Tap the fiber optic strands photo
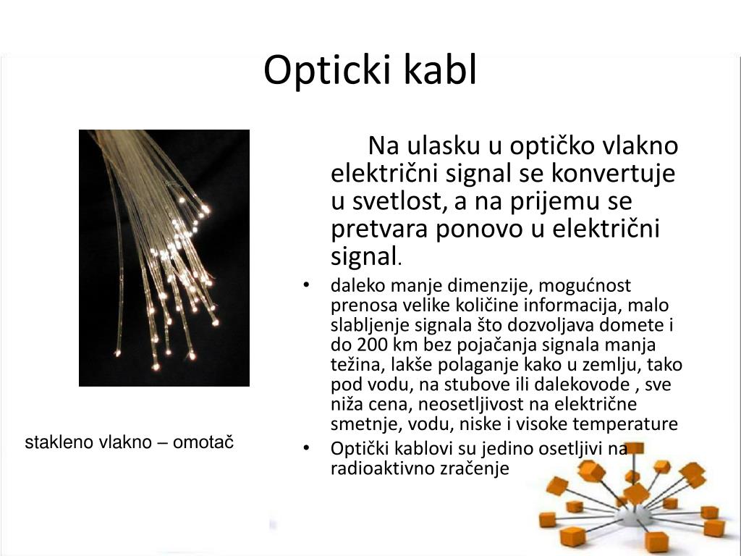(x=164, y=257)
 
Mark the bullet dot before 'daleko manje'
(x=308, y=285)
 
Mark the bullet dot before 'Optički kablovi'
(x=308, y=449)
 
